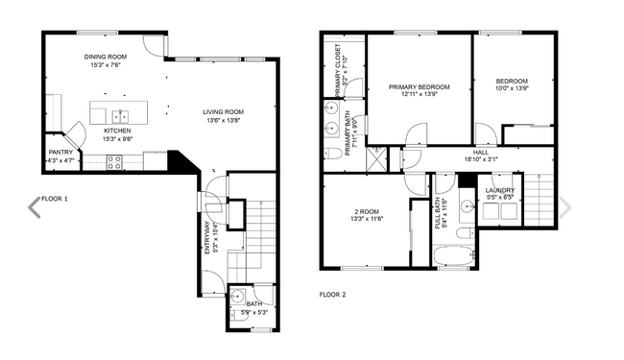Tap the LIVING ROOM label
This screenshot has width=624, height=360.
point(222,112)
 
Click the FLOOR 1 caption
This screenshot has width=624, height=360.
point(54,200)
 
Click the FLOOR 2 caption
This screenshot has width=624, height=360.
point(332,295)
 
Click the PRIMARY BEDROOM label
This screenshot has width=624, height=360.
point(419,86)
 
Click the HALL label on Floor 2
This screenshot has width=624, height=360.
point(481,153)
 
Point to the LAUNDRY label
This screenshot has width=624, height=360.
point(499,190)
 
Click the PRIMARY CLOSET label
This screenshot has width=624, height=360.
point(339,74)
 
